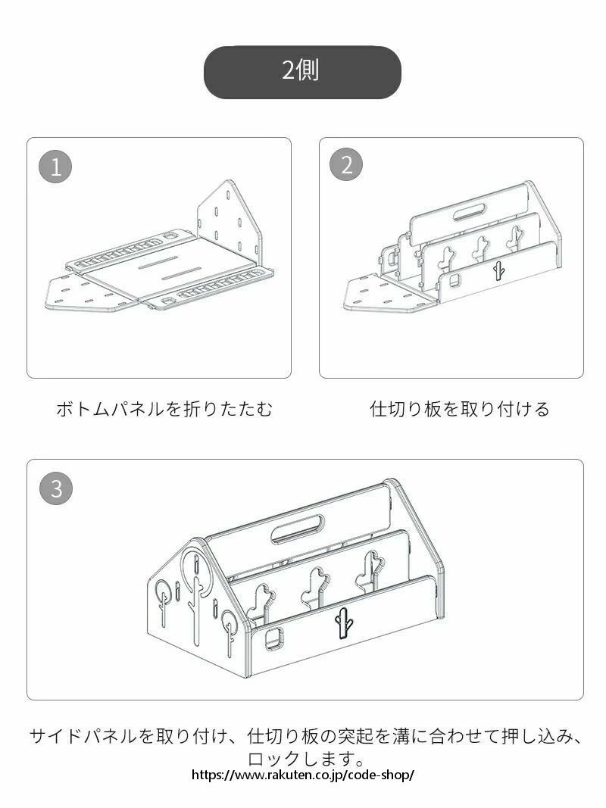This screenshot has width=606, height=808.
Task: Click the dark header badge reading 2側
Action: (x=302, y=72)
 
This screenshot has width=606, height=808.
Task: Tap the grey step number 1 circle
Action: (x=55, y=167)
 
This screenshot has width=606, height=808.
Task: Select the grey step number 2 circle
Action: (x=346, y=165)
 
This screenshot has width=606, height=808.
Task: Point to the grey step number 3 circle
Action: (x=56, y=488)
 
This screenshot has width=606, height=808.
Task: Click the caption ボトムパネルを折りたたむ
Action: (x=164, y=409)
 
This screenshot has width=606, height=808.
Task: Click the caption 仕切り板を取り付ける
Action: (x=460, y=409)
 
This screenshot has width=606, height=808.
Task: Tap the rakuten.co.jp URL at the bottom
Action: (x=303, y=775)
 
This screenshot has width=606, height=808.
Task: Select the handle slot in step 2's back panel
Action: (x=470, y=212)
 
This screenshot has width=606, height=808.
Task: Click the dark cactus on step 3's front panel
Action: (x=344, y=622)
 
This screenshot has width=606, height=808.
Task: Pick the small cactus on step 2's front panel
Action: (x=498, y=270)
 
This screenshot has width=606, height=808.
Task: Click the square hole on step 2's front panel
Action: (x=454, y=280)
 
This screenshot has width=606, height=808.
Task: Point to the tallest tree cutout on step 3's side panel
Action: (x=196, y=597)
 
